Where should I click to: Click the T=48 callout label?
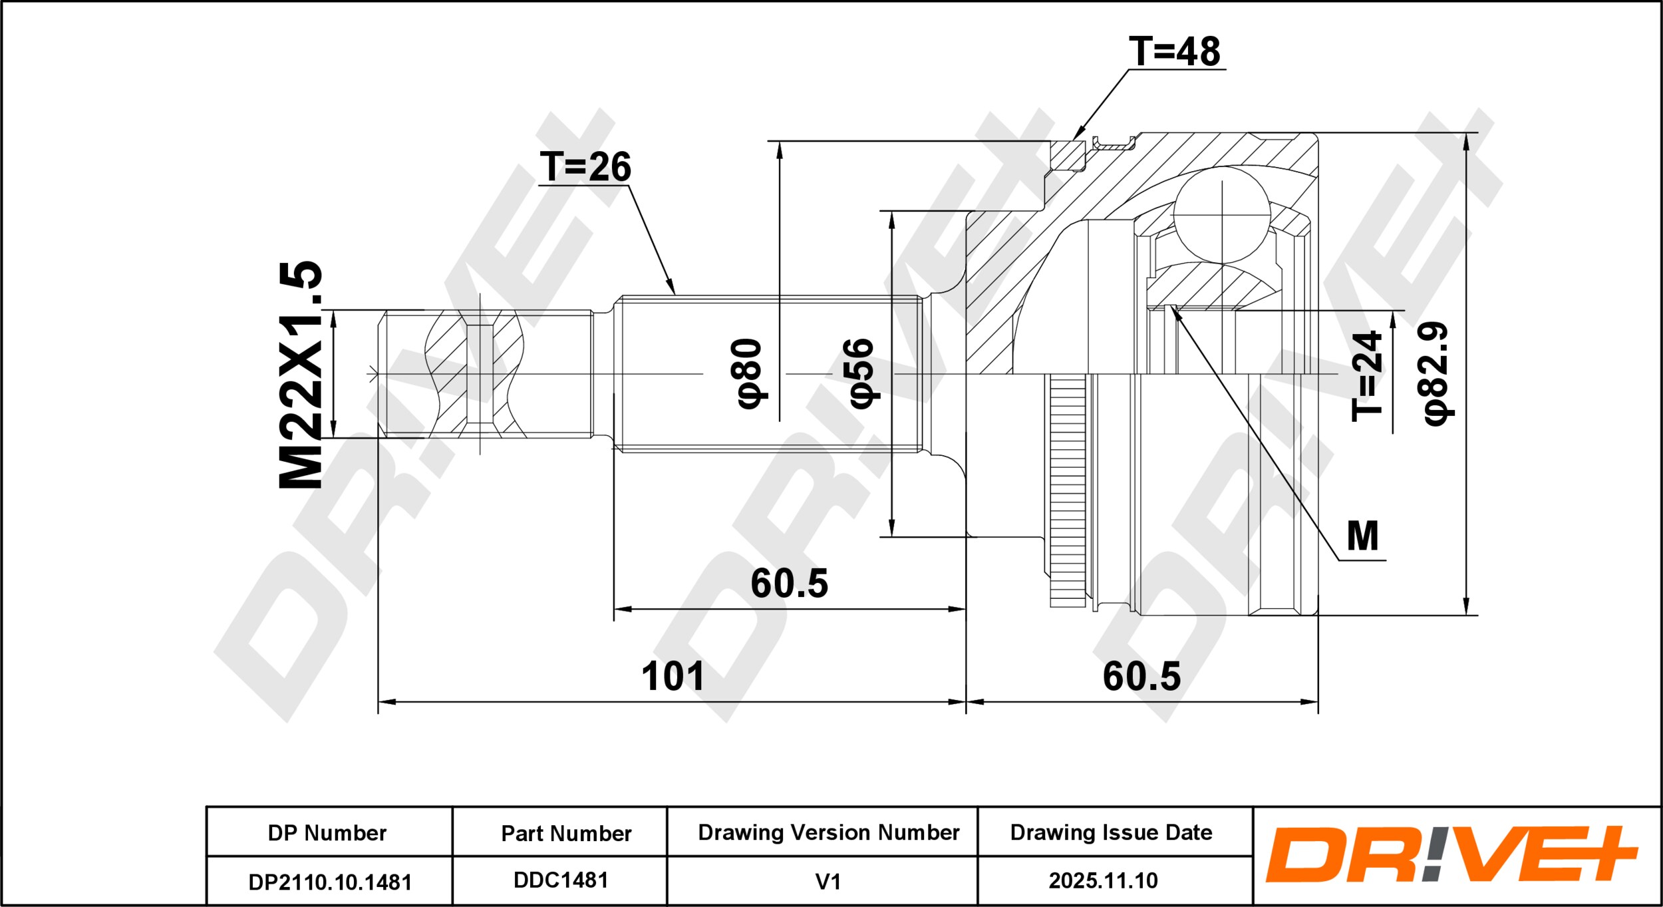click(x=1175, y=51)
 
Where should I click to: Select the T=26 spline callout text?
click(x=585, y=166)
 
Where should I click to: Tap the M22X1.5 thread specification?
click(x=301, y=375)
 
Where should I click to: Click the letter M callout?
click(x=1362, y=536)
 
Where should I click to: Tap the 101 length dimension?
click(x=673, y=676)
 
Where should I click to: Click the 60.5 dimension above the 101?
click(x=790, y=583)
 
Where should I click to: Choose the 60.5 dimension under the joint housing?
click(x=1142, y=676)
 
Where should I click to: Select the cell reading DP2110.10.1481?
click(x=329, y=882)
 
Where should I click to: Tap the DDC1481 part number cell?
click(x=560, y=880)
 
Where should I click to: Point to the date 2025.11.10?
click(x=1103, y=881)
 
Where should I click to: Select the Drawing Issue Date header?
click(x=1111, y=832)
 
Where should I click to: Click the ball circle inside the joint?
click(x=1222, y=215)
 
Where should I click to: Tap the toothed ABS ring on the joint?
click(x=1068, y=491)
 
